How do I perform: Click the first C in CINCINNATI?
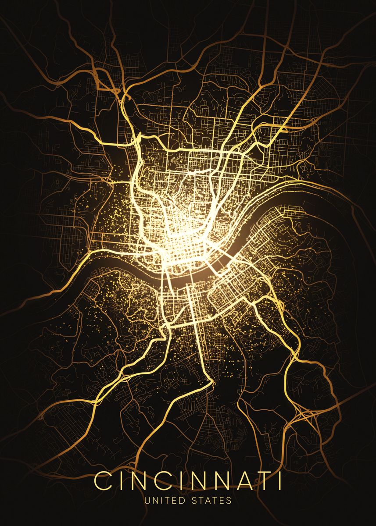(104, 481)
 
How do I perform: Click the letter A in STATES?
(209, 500)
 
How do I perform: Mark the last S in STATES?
(229, 500)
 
